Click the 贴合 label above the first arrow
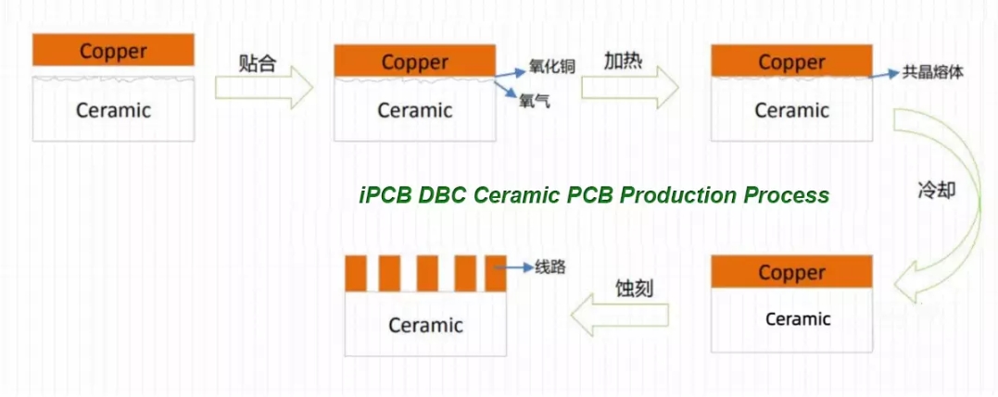258,64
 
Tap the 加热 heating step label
624,61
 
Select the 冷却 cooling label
937,190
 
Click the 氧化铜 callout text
552,67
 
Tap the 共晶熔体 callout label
933,72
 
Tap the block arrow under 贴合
264,87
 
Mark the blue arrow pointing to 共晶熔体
885,74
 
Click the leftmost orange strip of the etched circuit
356,273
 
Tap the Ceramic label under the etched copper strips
426,325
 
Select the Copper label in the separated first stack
113,52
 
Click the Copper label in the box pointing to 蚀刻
791,273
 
